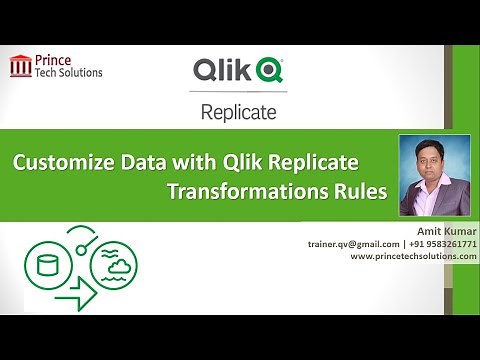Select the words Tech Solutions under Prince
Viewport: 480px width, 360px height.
(x=69, y=73)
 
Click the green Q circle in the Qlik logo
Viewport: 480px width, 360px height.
(x=268, y=71)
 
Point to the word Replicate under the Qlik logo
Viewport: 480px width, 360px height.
(x=238, y=112)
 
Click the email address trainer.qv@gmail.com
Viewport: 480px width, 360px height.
(x=356, y=243)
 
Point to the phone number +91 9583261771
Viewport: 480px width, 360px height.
(x=441, y=243)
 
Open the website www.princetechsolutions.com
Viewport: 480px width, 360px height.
(x=412, y=256)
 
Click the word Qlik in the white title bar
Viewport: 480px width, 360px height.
(x=219, y=71)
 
